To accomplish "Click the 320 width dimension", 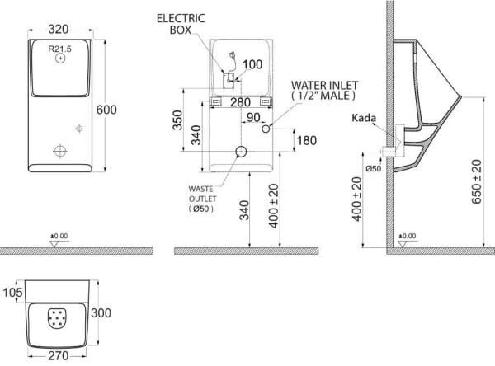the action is [x=59, y=30].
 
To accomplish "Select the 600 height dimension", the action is [x=106, y=110].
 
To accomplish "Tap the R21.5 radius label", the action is [x=59, y=49].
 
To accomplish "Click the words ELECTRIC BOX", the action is [x=181, y=24].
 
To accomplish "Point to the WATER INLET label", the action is [x=324, y=85].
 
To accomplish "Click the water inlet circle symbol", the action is [x=266, y=129].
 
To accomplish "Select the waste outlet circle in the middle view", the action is [x=242, y=152].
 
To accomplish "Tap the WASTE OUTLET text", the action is [x=202, y=194].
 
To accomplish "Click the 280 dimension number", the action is [x=241, y=102].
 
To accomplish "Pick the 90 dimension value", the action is [x=253, y=117].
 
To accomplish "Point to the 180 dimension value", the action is [x=307, y=140].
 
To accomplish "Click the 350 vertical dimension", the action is [x=177, y=120].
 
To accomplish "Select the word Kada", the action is [x=364, y=118].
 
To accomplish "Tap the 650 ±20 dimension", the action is [x=477, y=181].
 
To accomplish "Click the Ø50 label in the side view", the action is [x=374, y=168].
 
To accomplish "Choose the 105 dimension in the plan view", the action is [x=13, y=292].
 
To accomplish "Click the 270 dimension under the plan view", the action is [x=59, y=356].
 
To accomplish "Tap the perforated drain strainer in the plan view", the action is [x=57, y=318].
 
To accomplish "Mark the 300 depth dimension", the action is [x=101, y=313].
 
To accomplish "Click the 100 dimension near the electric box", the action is [x=252, y=64].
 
